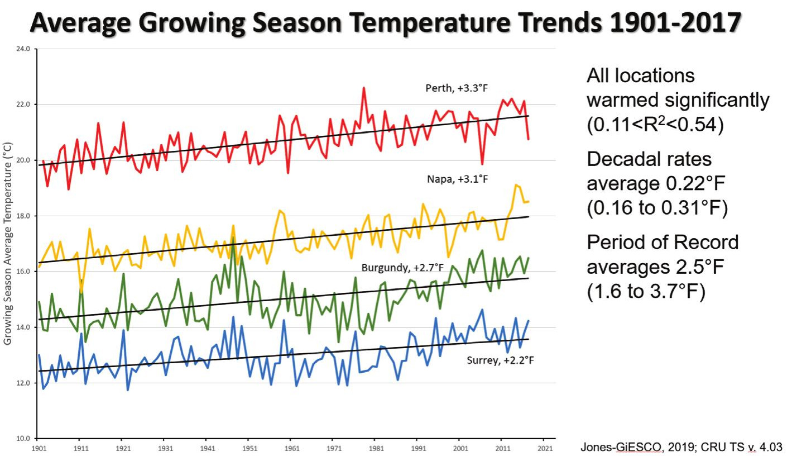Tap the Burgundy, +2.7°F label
pyautogui.click(x=402, y=268)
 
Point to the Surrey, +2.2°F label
pyautogui.click(x=500, y=360)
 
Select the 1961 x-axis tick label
pyautogui.click(x=291, y=449)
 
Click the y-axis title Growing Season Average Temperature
pyautogui.click(x=8, y=244)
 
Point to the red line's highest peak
pyautogui.click(x=364, y=88)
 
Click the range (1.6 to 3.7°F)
pyautogui.click(x=646, y=291)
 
